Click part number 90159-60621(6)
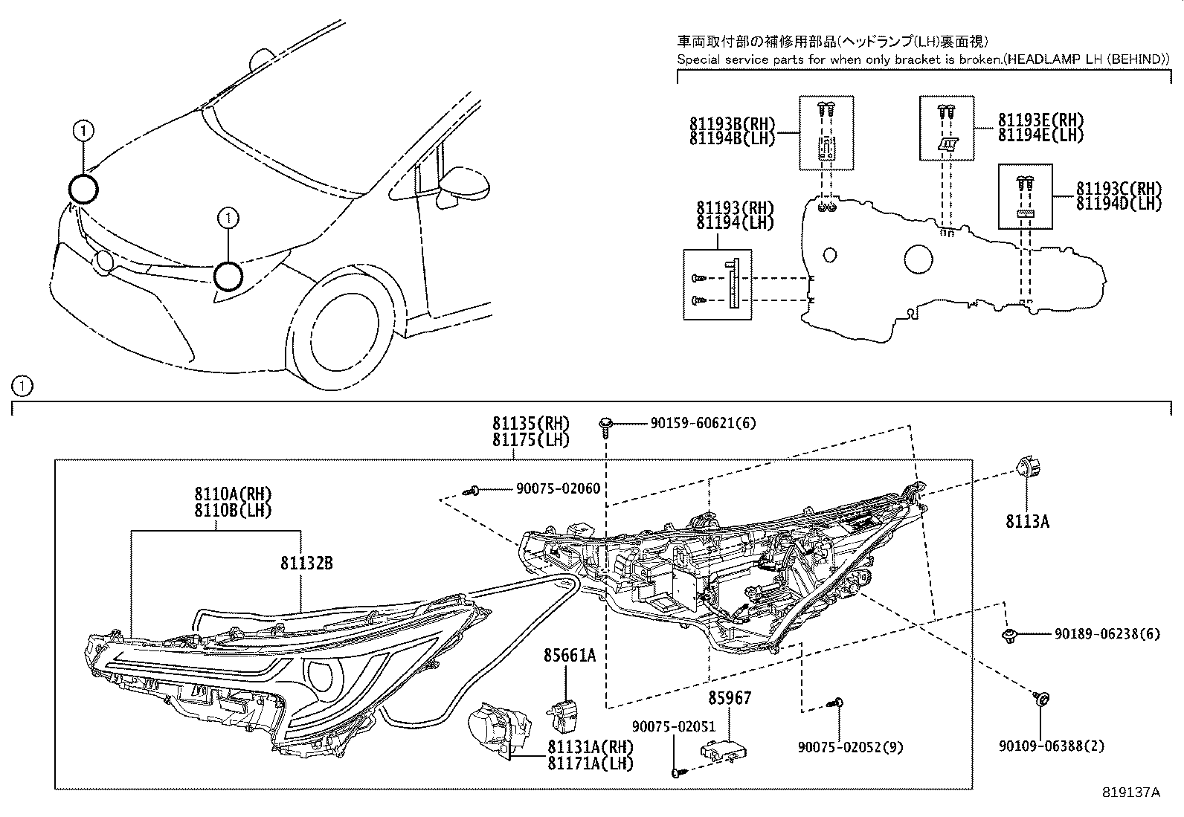[x=703, y=423]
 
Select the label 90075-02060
[x=558, y=488]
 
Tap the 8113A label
[x=1027, y=522]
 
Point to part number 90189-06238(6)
[x=1107, y=634]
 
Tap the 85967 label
[x=730, y=698]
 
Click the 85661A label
[x=569, y=656]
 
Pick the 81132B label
[x=306, y=563]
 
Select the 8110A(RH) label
[x=234, y=494]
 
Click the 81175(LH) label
[x=530, y=439]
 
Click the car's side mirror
[x=465, y=187]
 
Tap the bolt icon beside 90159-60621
[x=605, y=424]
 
